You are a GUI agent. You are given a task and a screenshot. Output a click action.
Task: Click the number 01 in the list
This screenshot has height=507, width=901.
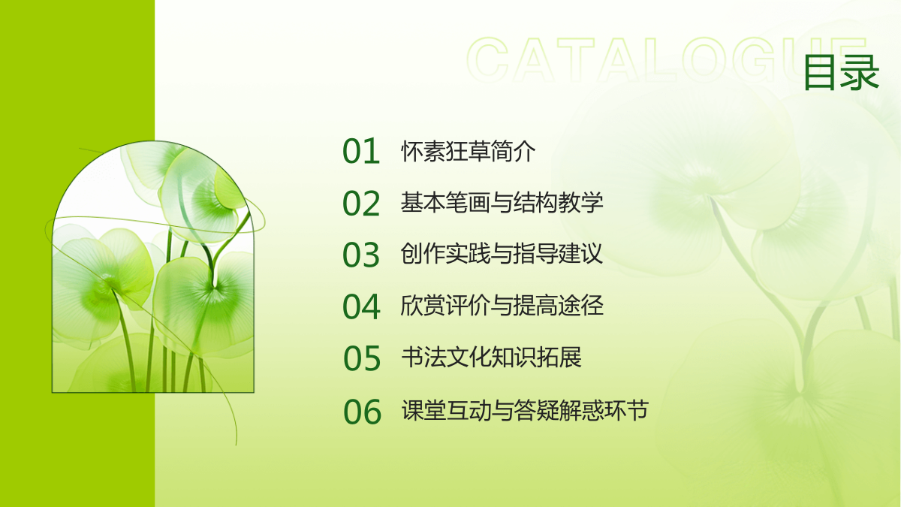[361, 151]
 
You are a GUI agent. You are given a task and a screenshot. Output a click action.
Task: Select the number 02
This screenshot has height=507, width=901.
[361, 204]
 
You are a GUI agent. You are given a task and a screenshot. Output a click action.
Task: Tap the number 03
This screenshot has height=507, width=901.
[361, 255]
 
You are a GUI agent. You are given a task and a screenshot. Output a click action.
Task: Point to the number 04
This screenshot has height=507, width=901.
[361, 306]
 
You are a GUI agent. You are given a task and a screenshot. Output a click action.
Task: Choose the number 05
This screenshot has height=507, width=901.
[362, 358]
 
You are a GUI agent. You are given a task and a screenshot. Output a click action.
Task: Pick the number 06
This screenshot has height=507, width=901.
[362, 412]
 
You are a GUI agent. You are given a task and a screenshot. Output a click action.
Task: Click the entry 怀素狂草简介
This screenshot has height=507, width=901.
[469, 151]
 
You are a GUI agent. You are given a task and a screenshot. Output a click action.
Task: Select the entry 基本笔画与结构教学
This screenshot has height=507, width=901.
[502, 202]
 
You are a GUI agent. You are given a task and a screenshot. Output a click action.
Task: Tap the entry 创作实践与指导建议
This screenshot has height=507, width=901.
[502, 254]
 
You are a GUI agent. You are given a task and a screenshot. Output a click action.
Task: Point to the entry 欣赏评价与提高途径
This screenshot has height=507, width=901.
[502, 306]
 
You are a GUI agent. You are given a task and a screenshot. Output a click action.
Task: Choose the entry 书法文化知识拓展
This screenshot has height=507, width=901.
[491, 357]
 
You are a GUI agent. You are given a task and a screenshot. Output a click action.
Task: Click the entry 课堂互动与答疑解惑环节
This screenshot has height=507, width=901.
[525, 409]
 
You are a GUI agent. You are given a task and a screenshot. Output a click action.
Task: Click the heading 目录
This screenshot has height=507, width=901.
[841, 73]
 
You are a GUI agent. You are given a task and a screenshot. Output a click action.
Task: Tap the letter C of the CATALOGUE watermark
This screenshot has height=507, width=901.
[488, 59]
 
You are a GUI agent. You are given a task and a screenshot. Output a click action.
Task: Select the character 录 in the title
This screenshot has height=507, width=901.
[860, 73]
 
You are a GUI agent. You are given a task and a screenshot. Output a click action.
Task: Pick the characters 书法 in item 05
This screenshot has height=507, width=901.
[423, 357]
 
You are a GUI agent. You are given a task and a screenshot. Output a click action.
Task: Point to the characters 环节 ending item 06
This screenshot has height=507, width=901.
[626, 409]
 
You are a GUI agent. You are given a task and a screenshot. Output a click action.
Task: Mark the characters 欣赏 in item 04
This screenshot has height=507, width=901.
[423, 306]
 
